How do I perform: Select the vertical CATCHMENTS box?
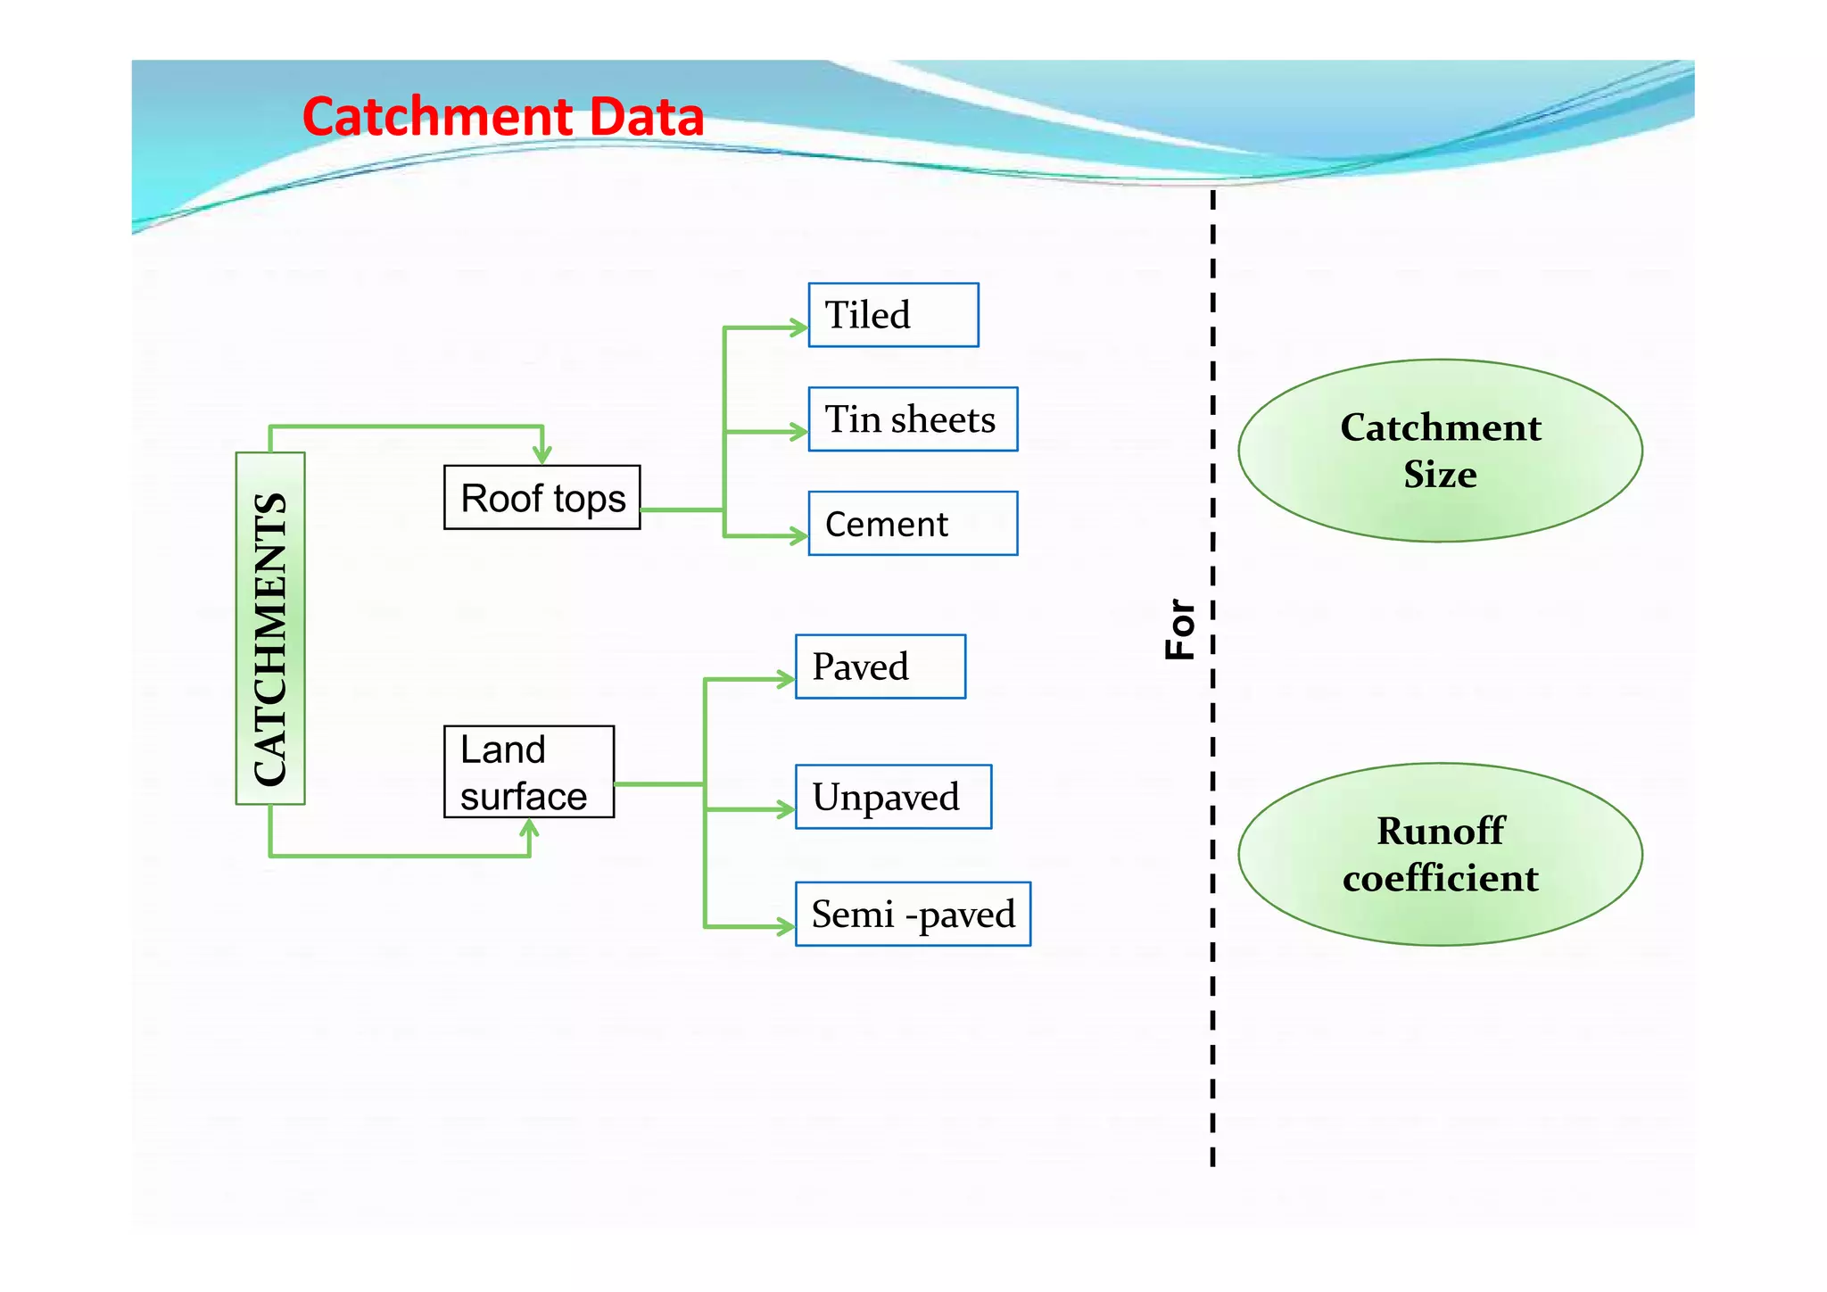[x=270, y=629]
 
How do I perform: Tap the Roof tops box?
[x=542, y=498]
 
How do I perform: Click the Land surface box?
[x=529, y=772]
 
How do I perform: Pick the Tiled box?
[x=893, y=315]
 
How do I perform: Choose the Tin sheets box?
[x=913, y=419]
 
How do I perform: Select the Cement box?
[x=913, y=524]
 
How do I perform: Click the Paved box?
[x=880, y=667]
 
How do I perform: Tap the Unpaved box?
[x=893, y=797]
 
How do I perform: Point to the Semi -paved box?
[x=913, y=915]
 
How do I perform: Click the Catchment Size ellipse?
[x=1440, y=451]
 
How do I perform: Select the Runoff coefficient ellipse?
[x=1440, y=855]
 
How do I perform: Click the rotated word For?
[x=1180, y=629]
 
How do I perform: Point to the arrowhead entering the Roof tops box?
[x=542, y=456]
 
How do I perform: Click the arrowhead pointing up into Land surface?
[x=530, y=827]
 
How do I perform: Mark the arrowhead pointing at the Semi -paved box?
[x=786, y=927]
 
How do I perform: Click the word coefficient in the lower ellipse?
[x=1440, y=879]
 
